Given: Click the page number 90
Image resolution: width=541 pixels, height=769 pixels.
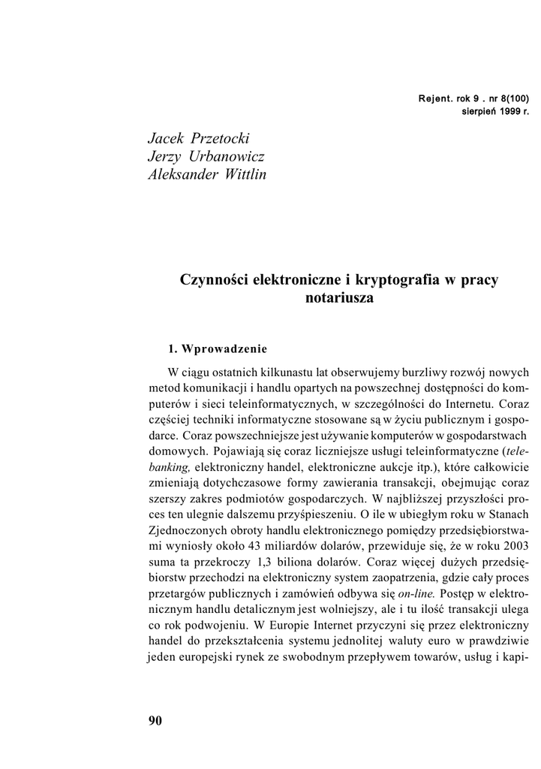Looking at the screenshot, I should tap(155, 721).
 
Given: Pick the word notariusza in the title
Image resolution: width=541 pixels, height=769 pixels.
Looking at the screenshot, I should tap(340, 298).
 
